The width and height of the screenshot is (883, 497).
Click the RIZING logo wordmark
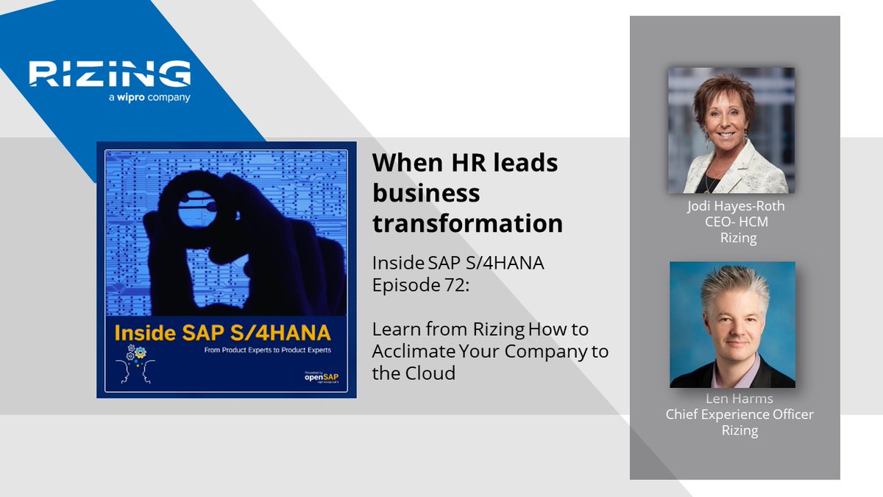point(110,74)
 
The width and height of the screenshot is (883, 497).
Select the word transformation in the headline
point(467,222)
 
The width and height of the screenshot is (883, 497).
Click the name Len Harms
point(739,399)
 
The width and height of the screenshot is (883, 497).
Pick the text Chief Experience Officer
point(740,415)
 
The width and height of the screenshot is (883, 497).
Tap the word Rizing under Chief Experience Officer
point(740,430)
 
